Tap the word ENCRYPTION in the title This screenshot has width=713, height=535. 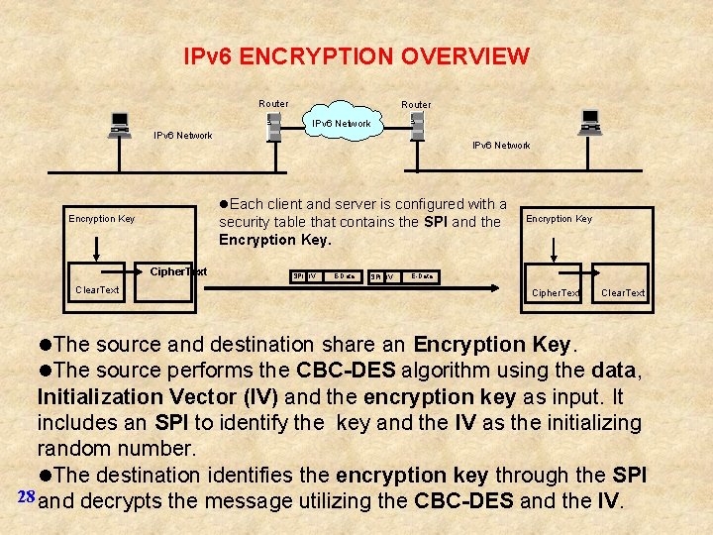pos(318,56)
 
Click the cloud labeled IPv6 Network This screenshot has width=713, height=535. pos(341,124)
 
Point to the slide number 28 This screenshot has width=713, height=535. pos(27,495)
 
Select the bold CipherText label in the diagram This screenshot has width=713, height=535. pos(178,271)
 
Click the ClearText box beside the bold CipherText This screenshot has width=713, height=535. pos(97,290)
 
